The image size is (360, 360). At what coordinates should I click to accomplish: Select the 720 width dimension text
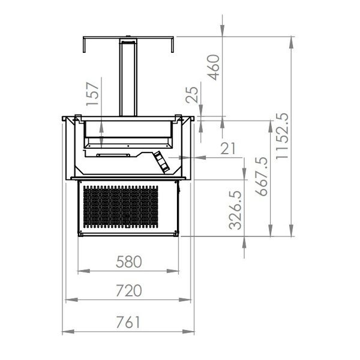129,291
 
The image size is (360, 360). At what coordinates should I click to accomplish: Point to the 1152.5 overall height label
283,136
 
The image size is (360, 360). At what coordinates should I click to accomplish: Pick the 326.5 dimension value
235,210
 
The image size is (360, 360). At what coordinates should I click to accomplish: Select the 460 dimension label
213,68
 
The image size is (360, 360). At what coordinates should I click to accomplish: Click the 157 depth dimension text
92,94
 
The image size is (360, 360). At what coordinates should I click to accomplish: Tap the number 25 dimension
191,95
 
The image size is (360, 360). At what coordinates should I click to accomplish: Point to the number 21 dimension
227,148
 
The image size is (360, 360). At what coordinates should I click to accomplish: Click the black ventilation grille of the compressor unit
120,206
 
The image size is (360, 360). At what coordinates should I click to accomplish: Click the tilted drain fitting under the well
161,161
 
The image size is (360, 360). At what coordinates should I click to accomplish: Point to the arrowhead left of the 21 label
196,158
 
